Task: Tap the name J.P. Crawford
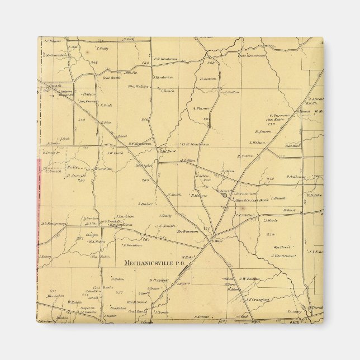point(257,300)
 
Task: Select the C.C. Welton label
point(245,215)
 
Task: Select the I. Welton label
point(258,143)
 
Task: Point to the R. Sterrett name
point(75,176)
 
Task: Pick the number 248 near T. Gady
point(94,63)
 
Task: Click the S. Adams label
point(202,317)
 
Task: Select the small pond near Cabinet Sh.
point(224,195)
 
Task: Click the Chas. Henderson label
point(251,55)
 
